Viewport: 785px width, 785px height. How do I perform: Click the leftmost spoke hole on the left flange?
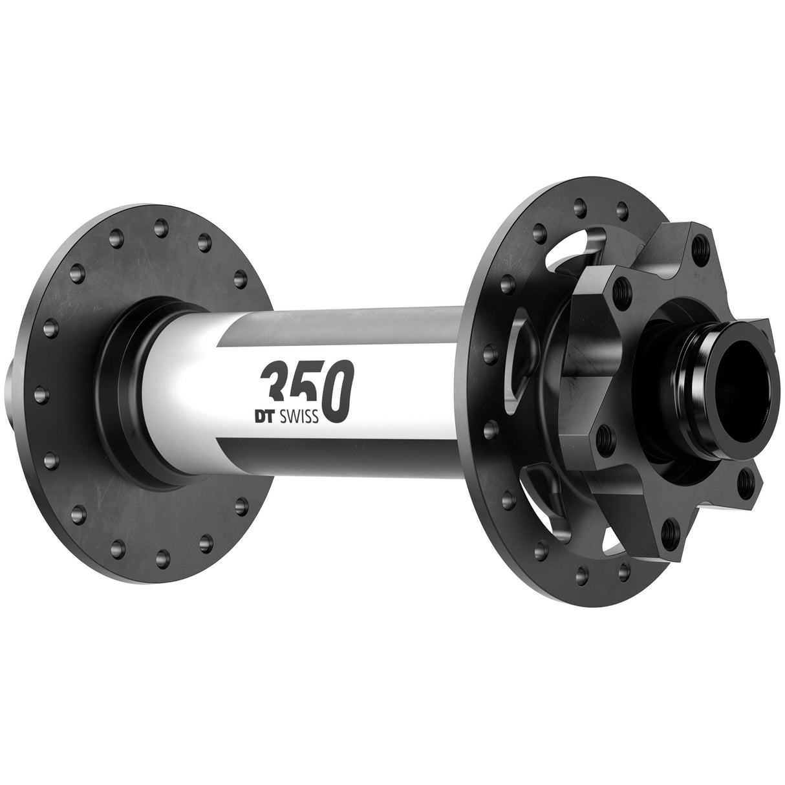click(38, 392)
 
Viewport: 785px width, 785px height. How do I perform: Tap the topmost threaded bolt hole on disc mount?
click(698, 245)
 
